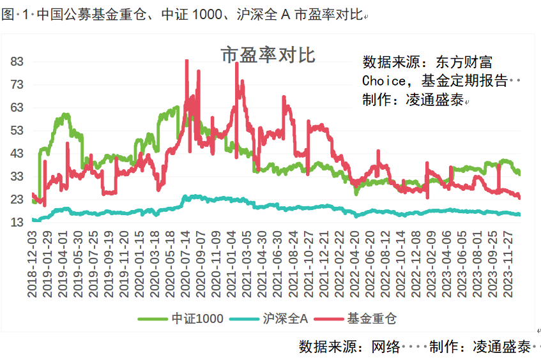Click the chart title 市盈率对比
point(268,56)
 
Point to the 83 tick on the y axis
point(17,62)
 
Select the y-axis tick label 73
point(17,85)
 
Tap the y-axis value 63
point(17,108)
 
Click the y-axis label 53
point(17,131)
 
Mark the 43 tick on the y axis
point(17,154)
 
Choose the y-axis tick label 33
point(17,177)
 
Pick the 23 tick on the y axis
point(17,200)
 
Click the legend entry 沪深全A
point(286,318)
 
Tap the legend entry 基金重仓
point(375,318)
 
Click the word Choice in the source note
point(383,81)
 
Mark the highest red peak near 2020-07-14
point(187,61)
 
